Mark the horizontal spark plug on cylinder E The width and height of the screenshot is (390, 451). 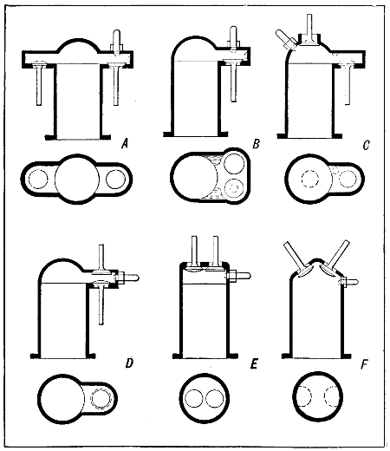click(x=242, y=276)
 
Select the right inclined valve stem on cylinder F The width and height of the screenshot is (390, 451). click(x=340, y=257)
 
